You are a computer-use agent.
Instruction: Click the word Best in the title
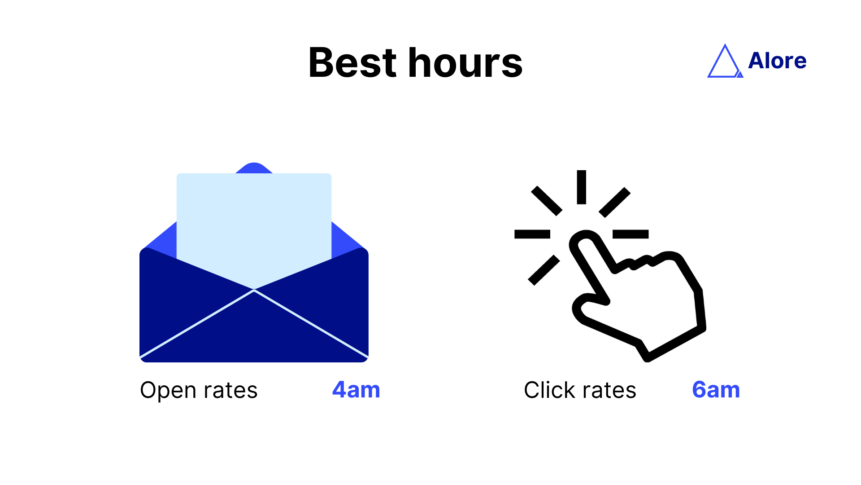point(352,63)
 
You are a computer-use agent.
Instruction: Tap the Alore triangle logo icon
point(724,62)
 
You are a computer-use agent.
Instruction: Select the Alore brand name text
point(777,61)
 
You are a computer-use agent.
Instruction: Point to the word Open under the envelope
point(168,390)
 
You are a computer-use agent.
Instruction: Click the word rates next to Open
point(230,390)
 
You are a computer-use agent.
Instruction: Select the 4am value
point(356,390)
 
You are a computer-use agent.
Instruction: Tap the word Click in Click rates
point(549,390)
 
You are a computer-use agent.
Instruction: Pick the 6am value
point(716,390)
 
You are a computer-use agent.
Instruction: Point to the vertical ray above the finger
point(582,187)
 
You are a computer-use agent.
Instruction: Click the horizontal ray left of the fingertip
point(532,234)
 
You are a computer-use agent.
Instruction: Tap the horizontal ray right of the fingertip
point(631,234)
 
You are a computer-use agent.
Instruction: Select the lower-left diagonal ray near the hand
point(544,270)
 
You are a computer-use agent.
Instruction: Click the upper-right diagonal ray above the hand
point(615,202)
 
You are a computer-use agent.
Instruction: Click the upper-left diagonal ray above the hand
point(547,201)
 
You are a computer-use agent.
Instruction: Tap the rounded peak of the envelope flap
point(254,167)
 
